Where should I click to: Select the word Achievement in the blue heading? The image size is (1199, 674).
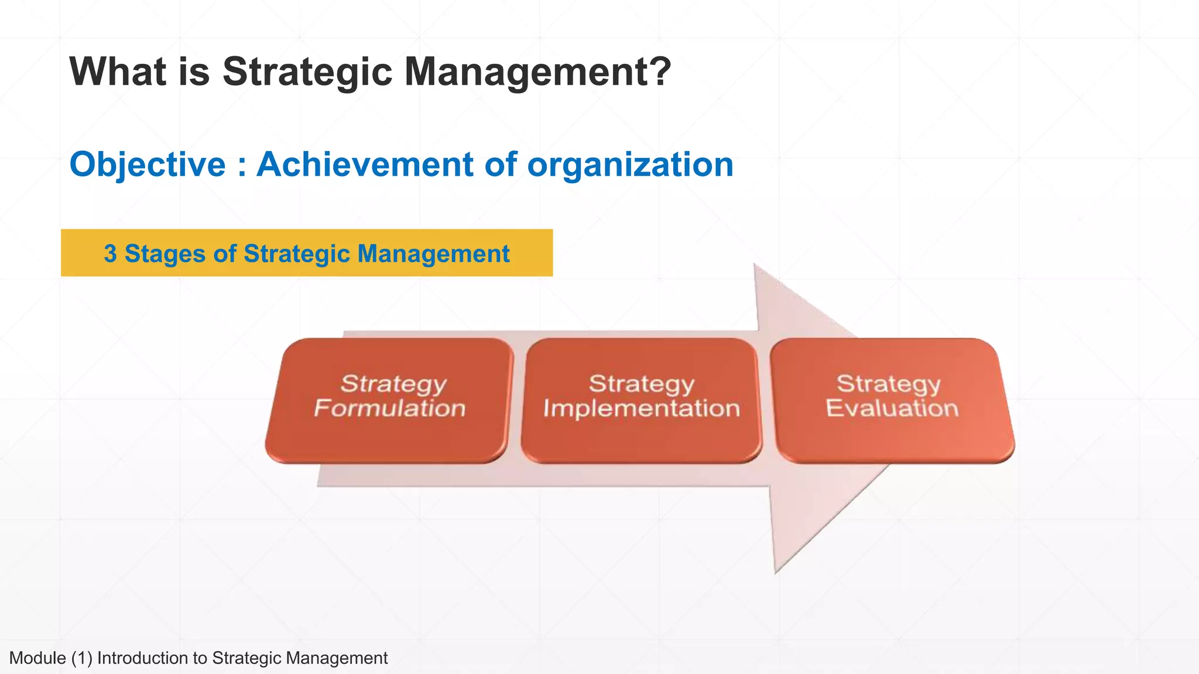point(365,164)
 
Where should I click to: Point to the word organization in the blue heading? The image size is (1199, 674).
point(630,164)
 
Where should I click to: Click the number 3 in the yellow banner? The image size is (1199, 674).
point(110,254)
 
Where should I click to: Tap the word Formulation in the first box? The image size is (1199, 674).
point(390,408)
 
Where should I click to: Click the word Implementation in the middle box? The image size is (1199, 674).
point(642,408)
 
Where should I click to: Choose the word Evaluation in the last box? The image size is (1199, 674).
point(892,408)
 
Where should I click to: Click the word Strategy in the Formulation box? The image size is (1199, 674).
point(393,384)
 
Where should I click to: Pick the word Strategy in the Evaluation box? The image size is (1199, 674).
point(888,384)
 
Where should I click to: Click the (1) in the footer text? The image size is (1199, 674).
point(82,658)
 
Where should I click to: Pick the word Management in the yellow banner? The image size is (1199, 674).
point(433,254)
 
